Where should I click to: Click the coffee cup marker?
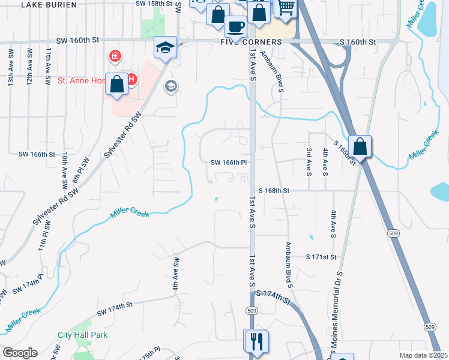pyautogui.click(x=235, y=26)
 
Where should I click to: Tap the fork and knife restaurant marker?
pyautogui.click(x=256, y=341)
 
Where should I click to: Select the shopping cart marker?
pyautogui.click(x=286, y=7)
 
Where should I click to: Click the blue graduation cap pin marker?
pyautogui.click(x=164, y=47)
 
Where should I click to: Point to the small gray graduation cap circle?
pyautogui.click(x=170, y=86)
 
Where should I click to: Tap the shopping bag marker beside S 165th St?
pyautogui.click(x=360, y=146)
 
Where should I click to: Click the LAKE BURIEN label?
pyautogui.click(x=49, y=4)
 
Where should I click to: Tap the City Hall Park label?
pyautogui.click(x=83, y=335)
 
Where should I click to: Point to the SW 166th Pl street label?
pyautogui.click(x=229, y=162)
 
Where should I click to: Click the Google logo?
pyautogui.click(x=20, y=353)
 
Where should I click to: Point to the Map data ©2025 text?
pyautogui.click(x=423, y=355)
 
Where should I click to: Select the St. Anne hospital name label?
pyautogui.click(x=81, y=80)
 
